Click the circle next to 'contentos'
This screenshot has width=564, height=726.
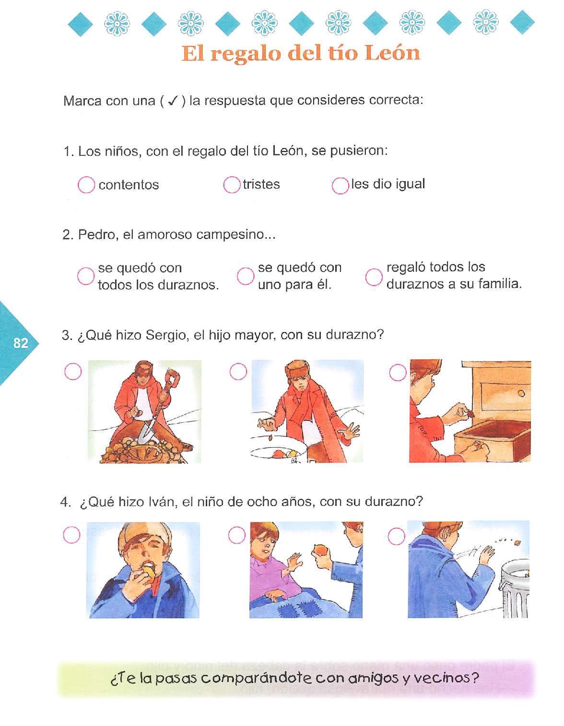tap(86, 184)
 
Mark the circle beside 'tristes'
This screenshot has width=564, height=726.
tap(232, 184)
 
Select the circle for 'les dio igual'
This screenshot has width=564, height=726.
tap(341, 185)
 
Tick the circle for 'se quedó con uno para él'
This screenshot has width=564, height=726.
tap(246, 276)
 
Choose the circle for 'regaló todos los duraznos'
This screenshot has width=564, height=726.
tap(374, 277)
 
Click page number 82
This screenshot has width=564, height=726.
tap(21, 343)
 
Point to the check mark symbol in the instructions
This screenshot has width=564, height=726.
tap(173, 100)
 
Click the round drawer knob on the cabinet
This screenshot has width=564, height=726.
tap(521, 393)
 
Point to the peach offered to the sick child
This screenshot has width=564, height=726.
tap(321, 550)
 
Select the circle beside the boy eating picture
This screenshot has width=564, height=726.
tap(71, 535)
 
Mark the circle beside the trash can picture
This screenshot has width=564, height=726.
tap(397, 536)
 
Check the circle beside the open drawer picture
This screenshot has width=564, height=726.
tap(398, 372)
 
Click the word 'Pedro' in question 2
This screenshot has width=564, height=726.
tap(98, 234)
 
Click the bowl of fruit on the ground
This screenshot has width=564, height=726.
tap(278, 449)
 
